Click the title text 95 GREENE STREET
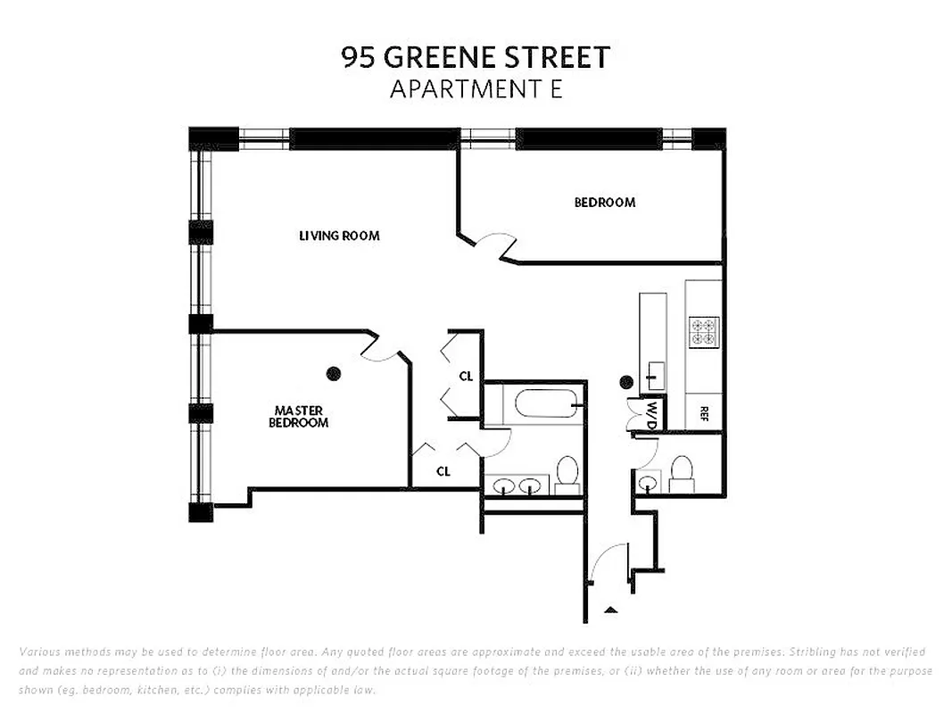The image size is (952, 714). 476,57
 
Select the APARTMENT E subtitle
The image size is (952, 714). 476,89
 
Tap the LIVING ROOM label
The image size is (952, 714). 339,236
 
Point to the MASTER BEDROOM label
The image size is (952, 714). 298,417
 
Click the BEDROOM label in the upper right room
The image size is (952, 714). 604,203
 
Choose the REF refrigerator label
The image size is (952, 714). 704,413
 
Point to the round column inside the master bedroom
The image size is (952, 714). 334,373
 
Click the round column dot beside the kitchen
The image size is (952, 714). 626,382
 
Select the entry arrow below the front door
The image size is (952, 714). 610,610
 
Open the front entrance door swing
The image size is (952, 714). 609,562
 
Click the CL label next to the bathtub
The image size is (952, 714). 466,377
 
